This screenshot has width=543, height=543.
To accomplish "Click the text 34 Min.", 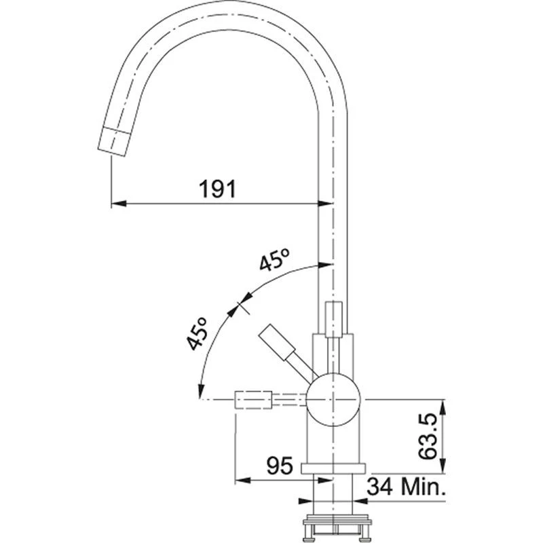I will click(406, 486).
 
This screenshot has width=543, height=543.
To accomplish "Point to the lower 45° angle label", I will click(198, 334).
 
